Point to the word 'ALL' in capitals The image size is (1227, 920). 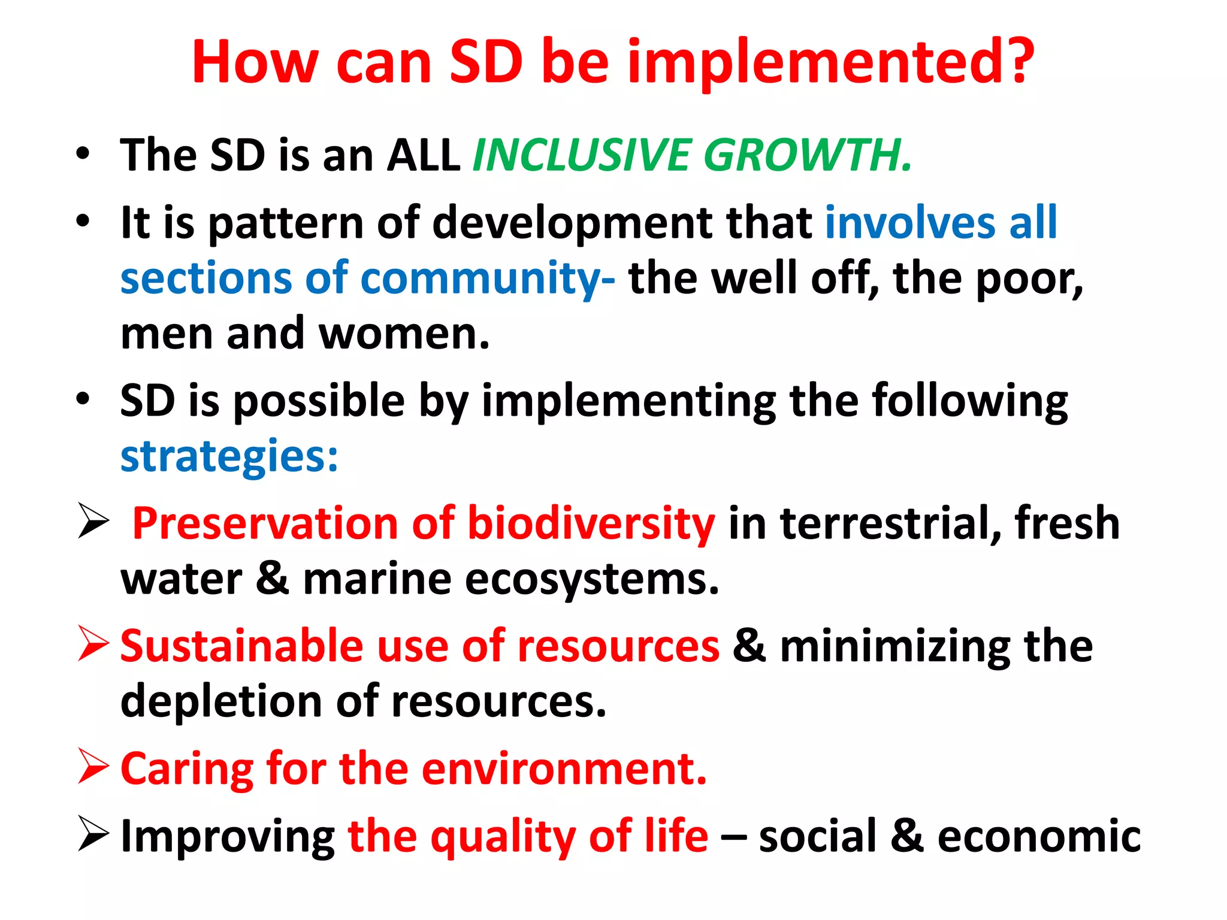424,155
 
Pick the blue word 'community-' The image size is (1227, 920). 488,279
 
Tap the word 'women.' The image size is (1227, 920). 404,334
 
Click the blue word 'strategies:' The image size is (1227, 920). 229,457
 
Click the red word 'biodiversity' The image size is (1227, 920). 591,523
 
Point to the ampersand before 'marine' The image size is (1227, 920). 273,579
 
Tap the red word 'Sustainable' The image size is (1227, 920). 241,646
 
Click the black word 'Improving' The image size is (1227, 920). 228,836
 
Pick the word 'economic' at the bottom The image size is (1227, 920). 1039,836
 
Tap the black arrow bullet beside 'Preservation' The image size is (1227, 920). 93,521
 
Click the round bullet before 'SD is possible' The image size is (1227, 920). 83,398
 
